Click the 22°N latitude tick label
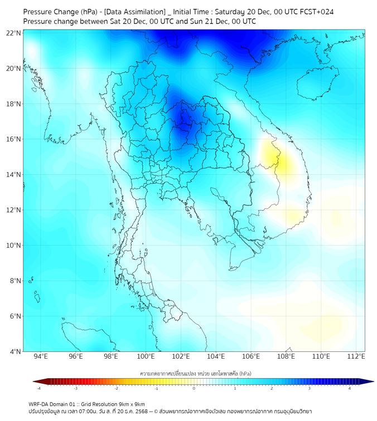[14, 33]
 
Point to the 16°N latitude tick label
[14, 139]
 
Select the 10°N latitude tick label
[14, 245]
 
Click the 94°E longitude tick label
[41, 356]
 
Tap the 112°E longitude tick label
[356, 356]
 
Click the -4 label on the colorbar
[38, 388]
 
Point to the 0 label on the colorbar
[194, 388]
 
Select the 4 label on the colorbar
[350, 388]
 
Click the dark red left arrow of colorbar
[36, 381]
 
